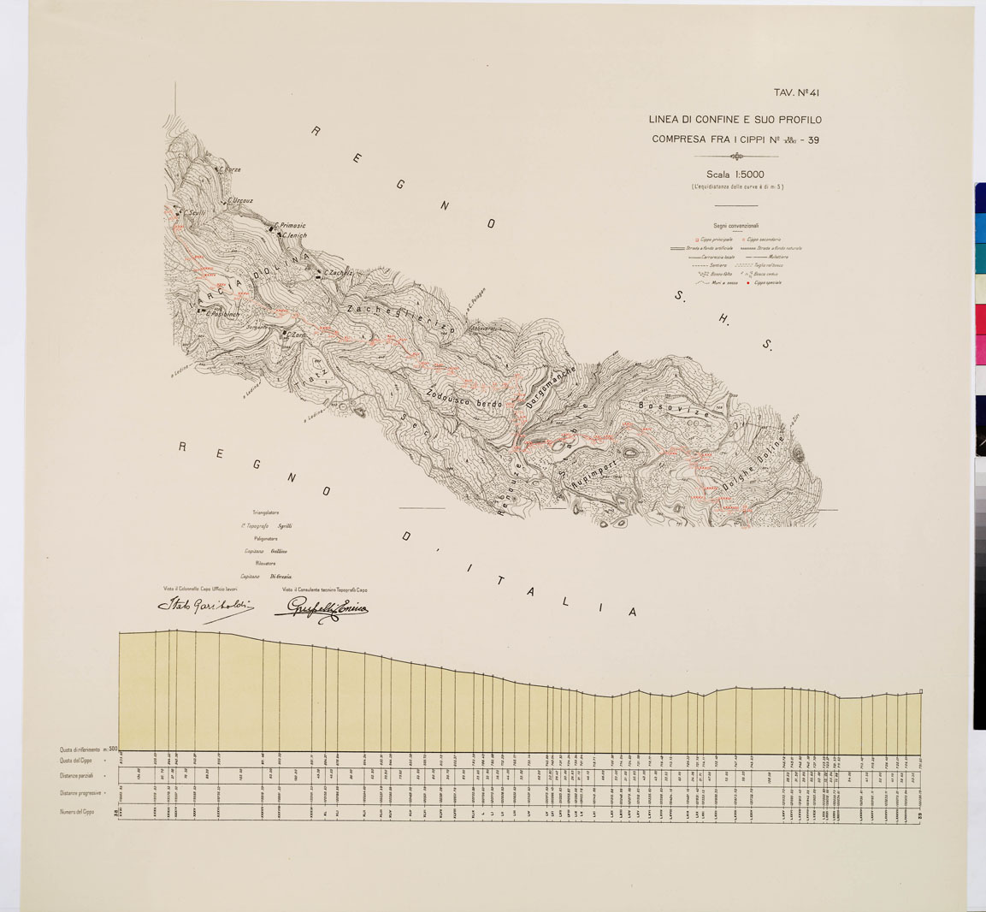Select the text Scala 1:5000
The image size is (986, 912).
(736, 175)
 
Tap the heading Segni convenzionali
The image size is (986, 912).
(735, 226)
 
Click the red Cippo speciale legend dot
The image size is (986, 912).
(746, 282)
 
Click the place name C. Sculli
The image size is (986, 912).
(193, 214)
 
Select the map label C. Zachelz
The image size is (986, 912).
(337, 272)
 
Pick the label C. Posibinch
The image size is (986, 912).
(219, 313)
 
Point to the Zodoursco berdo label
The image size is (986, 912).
(463, 401)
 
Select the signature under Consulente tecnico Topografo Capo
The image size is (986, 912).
(320, 608)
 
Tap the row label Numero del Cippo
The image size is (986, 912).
(77, 811)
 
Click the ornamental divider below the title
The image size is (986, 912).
(736, 157)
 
